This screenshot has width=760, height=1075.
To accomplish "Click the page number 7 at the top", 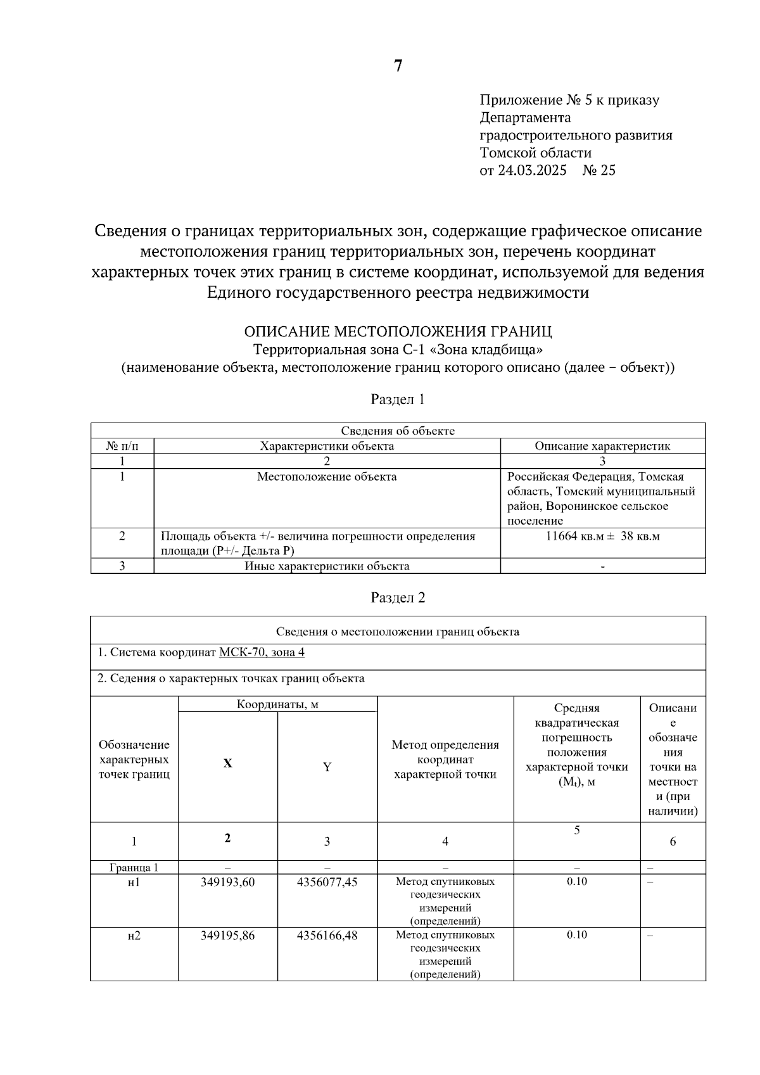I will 398,66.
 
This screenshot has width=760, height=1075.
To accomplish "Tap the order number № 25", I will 598,170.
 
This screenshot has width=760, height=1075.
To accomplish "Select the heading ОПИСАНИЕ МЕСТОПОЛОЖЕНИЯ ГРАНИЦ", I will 398,331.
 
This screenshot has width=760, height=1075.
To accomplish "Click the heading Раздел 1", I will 398,400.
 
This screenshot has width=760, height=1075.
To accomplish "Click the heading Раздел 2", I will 398,598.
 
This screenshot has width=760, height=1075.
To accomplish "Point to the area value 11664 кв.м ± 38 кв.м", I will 602,536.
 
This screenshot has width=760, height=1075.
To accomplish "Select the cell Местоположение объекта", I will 327,476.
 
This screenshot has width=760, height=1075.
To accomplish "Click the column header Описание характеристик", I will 602,446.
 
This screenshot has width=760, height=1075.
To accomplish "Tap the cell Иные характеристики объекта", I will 327,566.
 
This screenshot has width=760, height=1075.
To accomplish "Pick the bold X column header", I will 227,763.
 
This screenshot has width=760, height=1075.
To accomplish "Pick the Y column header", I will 327,767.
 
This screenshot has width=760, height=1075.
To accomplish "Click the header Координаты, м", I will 277,704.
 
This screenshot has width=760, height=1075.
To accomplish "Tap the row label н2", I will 134,935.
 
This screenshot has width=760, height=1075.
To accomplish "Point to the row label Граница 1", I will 134,867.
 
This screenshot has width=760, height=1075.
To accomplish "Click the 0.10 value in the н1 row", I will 576,881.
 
